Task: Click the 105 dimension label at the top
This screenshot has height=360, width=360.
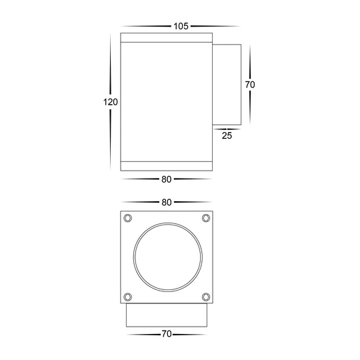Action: (x=180, y=26)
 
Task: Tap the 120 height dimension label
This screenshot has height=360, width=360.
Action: (x=110, y=102)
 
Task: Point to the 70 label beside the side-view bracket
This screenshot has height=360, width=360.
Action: (x=250, y=85)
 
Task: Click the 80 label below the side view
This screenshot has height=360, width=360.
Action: (x=167, y=179)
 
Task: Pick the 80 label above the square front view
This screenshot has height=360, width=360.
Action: (x=167, y=202)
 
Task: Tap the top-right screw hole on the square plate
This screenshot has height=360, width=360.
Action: (x=205, y=218)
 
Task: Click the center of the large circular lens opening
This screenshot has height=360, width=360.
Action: (x=167, y=257)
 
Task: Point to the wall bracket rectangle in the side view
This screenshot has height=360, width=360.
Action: (x=227, y=85)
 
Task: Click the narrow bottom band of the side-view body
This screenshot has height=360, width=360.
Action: (x=167, y=165)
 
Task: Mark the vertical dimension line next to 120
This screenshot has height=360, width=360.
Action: (x=111, y=67)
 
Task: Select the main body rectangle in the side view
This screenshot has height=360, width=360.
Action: (x=167, y=100)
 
